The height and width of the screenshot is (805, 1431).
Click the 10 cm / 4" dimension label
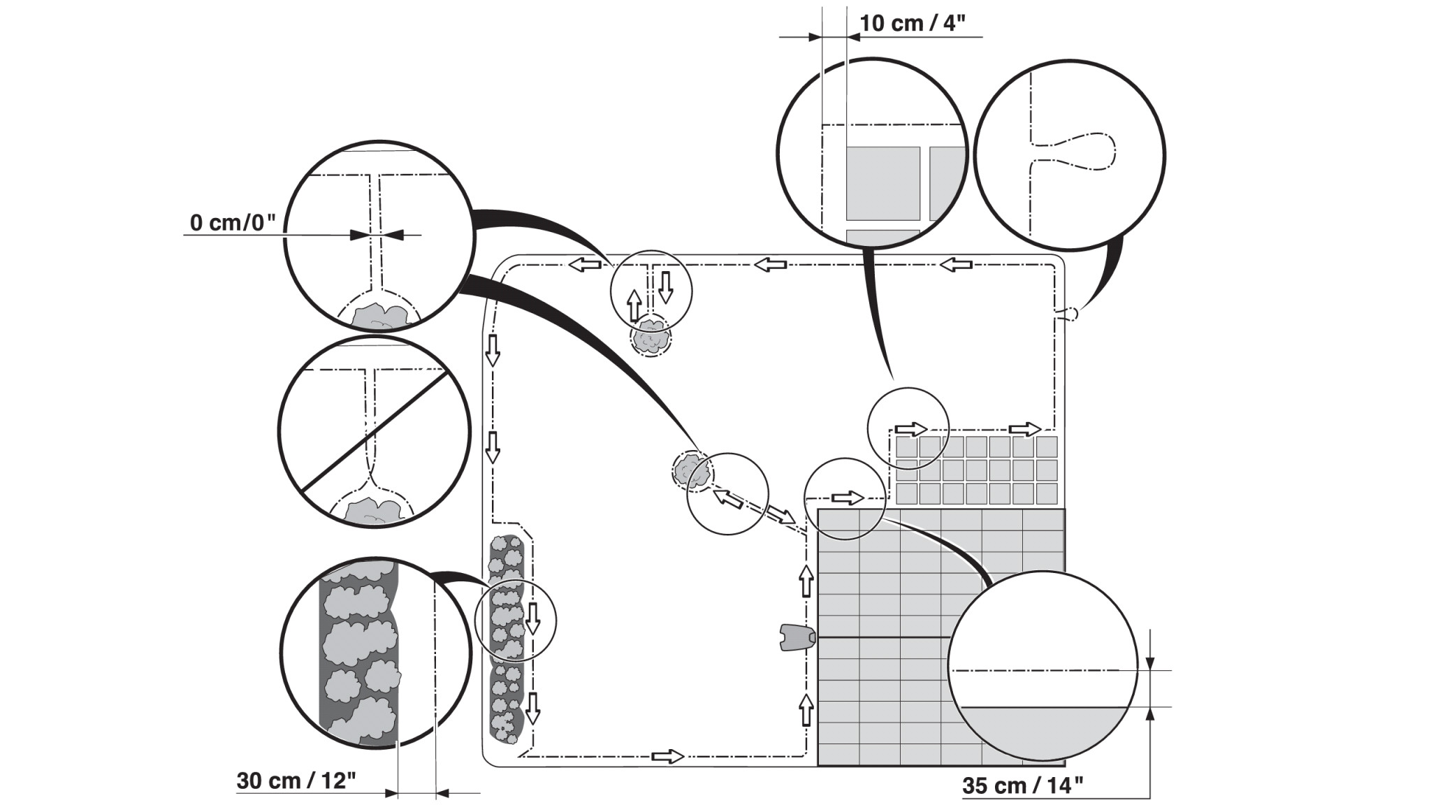point(912,23)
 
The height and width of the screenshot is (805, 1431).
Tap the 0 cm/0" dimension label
point(233,223)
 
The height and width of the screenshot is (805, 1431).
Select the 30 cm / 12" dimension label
point(296,781)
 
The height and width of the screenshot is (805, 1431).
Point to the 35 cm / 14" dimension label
point(1022,785)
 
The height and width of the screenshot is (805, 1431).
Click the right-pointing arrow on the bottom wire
point(667,756)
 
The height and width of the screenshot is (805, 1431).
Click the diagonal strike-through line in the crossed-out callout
point(374,430)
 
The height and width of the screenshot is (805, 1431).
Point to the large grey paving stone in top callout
point(882,183)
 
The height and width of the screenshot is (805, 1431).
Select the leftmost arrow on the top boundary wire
point(584,265)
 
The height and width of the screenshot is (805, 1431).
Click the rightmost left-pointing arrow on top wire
point(955,265)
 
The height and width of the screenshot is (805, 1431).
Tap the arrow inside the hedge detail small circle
point(533,618)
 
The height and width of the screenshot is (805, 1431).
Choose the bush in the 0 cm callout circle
point(378,317)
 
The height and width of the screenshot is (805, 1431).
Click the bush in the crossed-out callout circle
point(374,510)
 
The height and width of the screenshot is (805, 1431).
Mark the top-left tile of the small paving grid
point(906,447)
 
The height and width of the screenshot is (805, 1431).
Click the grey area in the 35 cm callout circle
point(1041,730)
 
